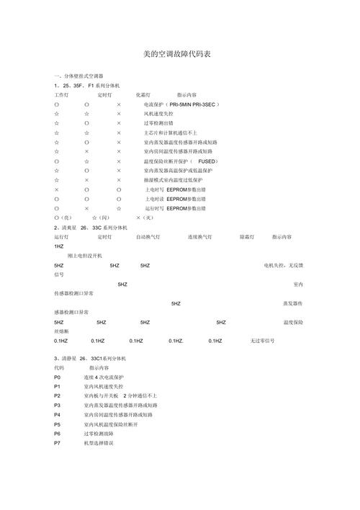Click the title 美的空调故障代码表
coord(176,54)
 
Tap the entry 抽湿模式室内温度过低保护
coord(173,180)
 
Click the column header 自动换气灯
coord(148,236)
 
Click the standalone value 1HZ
coord(59,246)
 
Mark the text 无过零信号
coord(263,341)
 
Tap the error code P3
coord(58,406)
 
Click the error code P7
coord(58,443)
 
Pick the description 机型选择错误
coord(99,443)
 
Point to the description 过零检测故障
coord(99,434)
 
